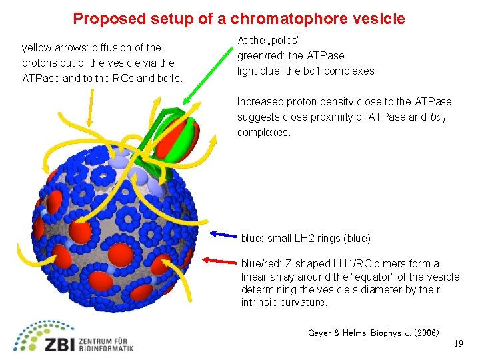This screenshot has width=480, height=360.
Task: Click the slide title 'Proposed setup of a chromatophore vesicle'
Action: tap(239, 19)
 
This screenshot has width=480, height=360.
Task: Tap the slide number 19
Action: tap(458, 343)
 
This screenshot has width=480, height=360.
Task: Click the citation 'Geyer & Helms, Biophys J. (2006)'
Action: tap(373, 332)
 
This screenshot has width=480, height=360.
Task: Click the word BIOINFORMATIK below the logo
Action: tap(106, 348)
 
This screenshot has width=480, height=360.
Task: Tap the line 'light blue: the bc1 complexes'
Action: tap(305, 71)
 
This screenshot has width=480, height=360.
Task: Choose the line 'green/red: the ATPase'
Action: tap(291, 56)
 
